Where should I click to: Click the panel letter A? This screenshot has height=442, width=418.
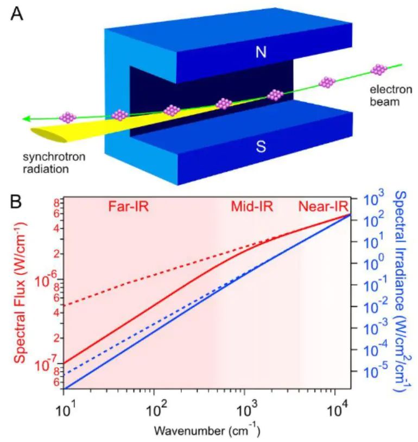18,12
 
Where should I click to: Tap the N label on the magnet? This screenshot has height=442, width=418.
261,53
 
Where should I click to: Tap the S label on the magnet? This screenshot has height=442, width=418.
261,147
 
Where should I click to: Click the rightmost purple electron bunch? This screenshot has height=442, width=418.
378,70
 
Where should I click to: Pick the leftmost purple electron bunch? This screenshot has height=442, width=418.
68,117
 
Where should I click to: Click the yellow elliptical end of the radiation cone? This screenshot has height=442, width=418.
49,135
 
